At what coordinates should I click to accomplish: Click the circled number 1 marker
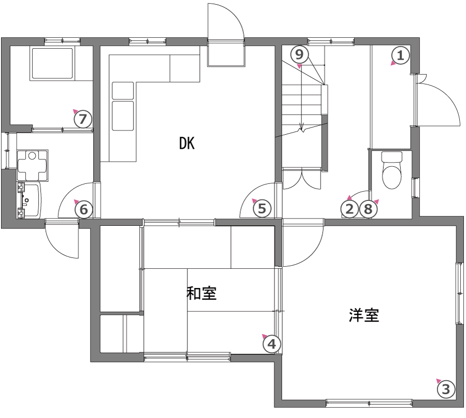pos(401,55)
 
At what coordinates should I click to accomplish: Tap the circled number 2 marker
pos(349,209)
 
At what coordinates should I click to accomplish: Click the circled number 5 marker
pos(262,208)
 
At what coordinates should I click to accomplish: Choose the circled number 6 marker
pos(84,209)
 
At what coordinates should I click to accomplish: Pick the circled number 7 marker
pos(83,119)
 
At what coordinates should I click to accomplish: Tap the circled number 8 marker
pos(368,209)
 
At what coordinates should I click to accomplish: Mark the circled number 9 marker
pos(300,54)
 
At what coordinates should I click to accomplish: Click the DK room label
pos(187,143)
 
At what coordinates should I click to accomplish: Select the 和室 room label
pos(201,293)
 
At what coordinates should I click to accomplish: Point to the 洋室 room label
pos(364,315)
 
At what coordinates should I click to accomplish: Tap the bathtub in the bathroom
pos(52,63)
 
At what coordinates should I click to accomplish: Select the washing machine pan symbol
pos(33,165)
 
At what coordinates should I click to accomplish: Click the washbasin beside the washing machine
pos(30,200)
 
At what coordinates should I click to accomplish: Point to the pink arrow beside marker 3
pos(439,381)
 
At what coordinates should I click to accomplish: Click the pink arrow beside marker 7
pos(75,111)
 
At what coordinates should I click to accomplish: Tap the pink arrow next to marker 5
pos(254,200)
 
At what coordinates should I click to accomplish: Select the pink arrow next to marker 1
pos(393,63)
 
